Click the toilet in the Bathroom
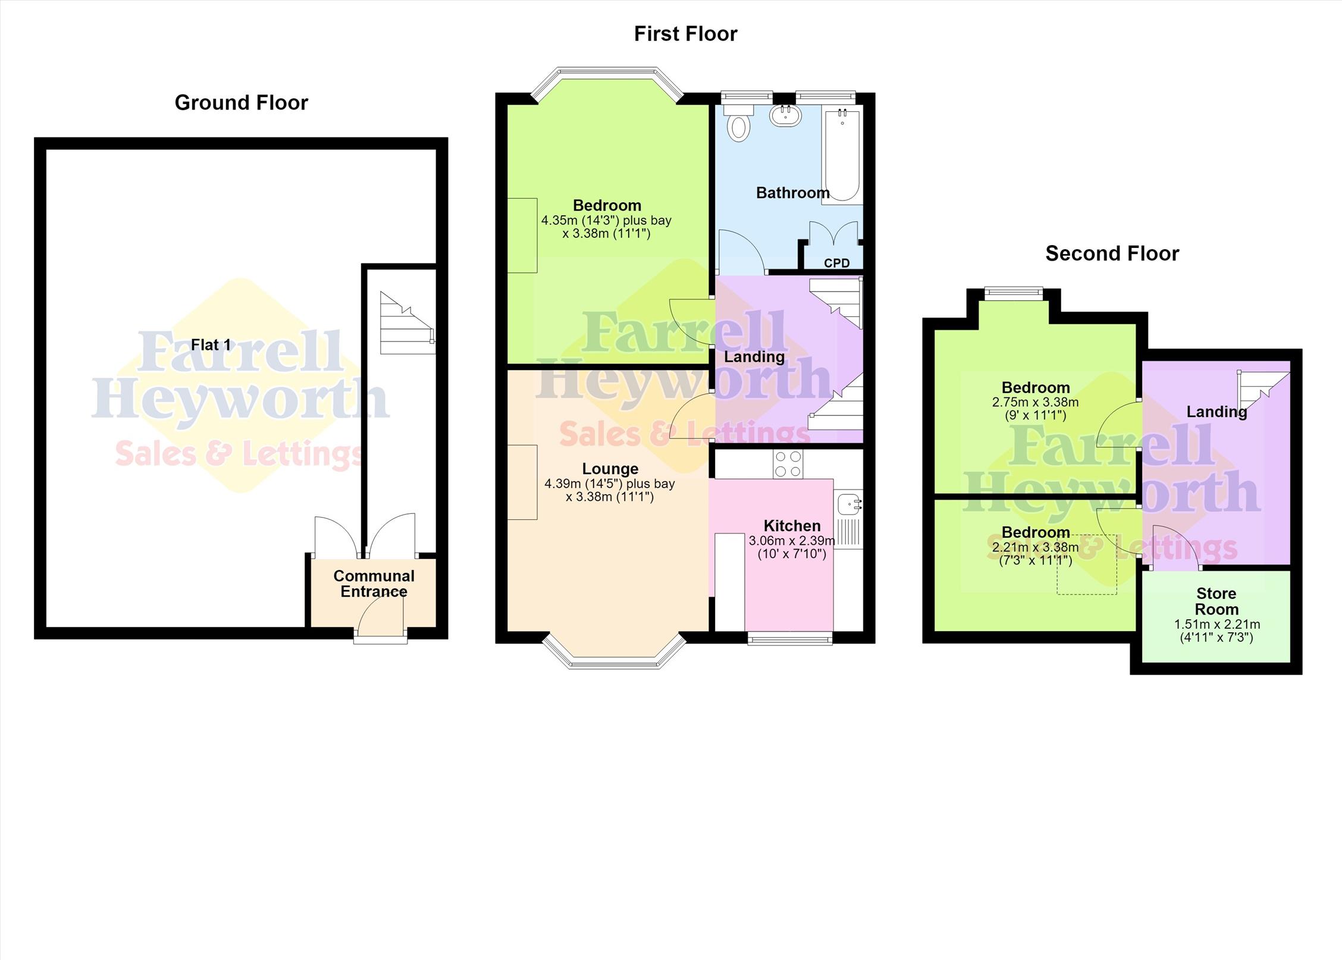tap(738, 123)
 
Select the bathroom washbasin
tap(785, 115)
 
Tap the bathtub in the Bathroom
tap(842, 155)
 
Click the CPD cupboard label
tap(836, 263)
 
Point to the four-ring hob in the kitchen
tap(788, 464)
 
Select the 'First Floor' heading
tap(685, 34)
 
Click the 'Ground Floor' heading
tap(242, 103)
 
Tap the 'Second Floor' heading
tap(1112, 254)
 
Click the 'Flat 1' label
tap(211, 345)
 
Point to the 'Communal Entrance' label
tap(374, 583)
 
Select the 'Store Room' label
tap(1216, 601)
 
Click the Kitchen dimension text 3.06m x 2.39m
tap(792, 541)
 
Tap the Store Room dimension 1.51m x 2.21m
tap(1216, 625)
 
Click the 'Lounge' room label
tap(610, 469)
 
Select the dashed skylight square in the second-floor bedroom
tap(1087, 564)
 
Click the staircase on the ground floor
tap(407, 323)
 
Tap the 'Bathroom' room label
tap(792, 193)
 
